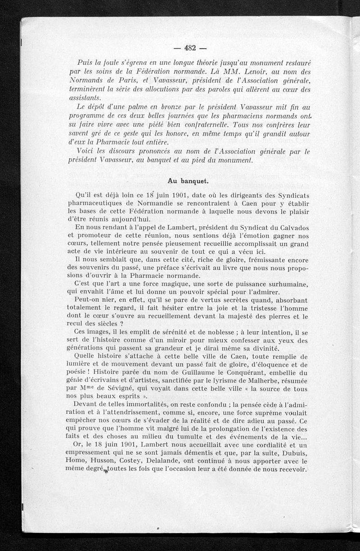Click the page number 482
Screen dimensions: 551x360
189,49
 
